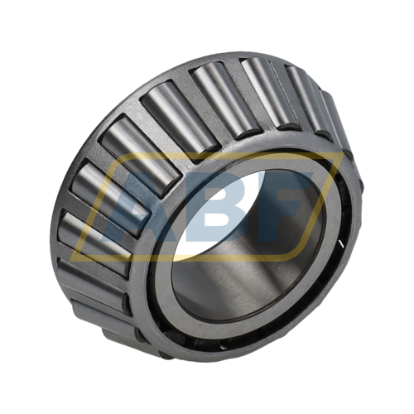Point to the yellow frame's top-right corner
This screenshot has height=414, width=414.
[x=339, y=155]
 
